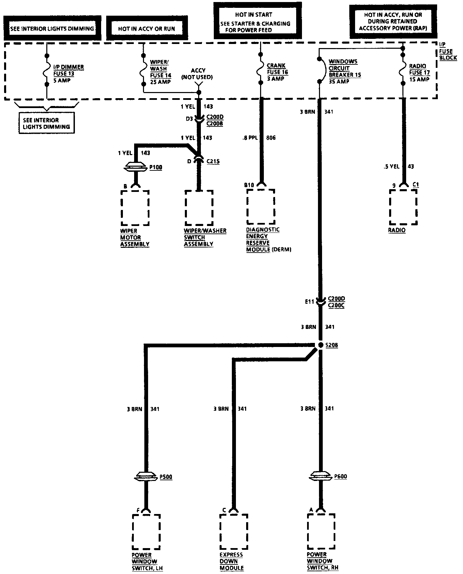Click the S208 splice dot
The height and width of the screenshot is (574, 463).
[320, 345]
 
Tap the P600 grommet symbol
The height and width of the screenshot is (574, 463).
[320, 476]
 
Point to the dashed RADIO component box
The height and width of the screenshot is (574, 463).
[403, 207]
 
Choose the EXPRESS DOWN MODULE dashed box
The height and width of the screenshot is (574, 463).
[233, 532]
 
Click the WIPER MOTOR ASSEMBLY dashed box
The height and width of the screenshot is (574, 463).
[135, 208]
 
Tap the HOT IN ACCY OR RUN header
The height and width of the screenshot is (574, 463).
[147, 28]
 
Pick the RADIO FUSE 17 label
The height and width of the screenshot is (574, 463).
[419, 73]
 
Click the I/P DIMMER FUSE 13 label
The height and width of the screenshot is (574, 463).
[68, 74]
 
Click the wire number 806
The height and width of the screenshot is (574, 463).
[271, 138]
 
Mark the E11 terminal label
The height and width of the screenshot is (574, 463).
[309, 302]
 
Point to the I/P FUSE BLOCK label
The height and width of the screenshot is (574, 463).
[446, 51]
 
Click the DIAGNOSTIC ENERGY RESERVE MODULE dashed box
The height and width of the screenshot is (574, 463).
[261, 207]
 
